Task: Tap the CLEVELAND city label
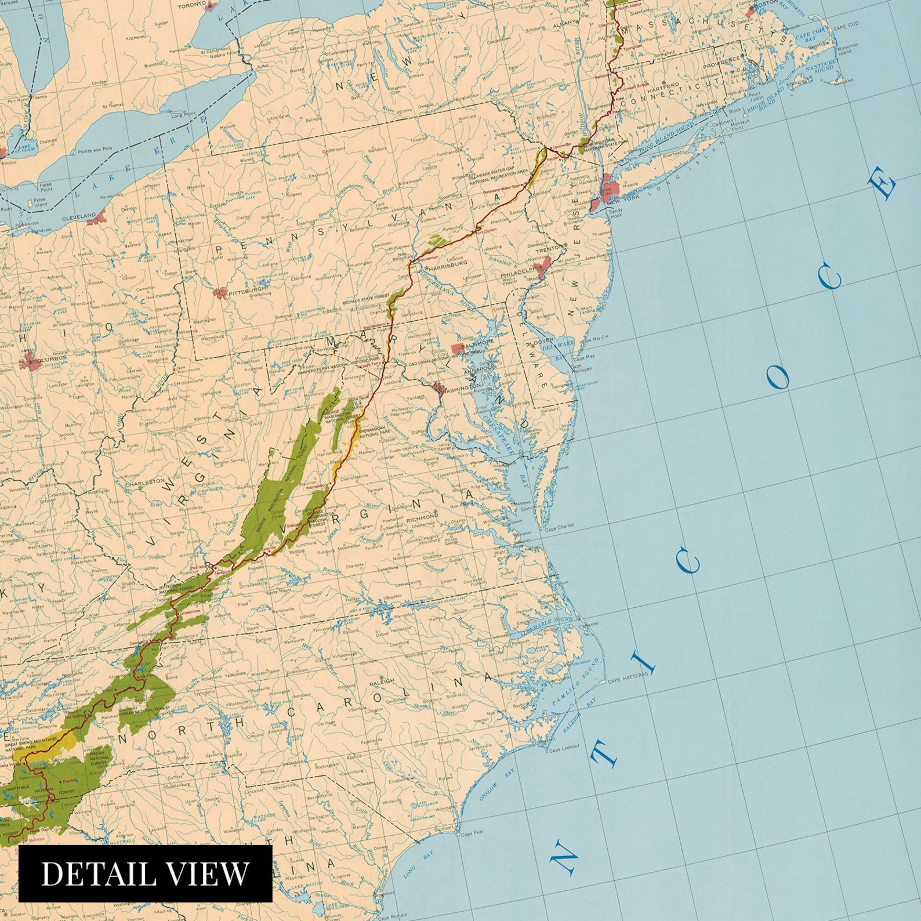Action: (x=79, y=216)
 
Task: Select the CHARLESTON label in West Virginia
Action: (x=145, y=482)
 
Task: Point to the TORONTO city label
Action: (x=191, y=5)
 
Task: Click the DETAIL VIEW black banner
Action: (x=145, y=873)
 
